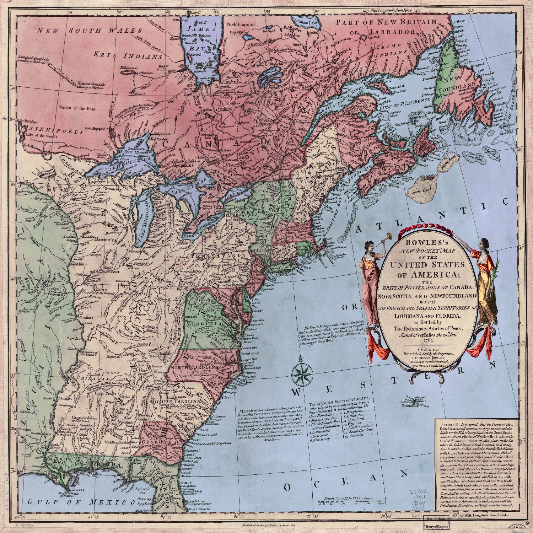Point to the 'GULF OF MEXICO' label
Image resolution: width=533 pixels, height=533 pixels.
(79, 502)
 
